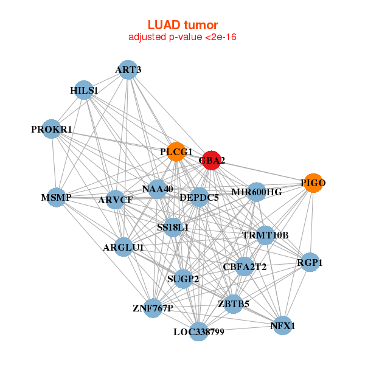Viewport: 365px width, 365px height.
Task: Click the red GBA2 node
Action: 211,161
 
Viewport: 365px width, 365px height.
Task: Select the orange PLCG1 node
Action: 176,152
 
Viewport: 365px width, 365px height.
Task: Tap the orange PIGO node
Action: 313,183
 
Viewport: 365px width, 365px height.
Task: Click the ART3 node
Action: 127,70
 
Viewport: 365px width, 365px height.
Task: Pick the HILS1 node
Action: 83,91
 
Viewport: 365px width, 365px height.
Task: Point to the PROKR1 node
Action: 52,130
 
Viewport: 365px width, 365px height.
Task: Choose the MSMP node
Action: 57,198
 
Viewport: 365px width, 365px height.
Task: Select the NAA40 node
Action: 158,189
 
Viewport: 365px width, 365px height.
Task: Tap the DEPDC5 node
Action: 199,196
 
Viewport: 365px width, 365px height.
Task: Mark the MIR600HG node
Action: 257,192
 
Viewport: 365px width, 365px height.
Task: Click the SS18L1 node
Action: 173,228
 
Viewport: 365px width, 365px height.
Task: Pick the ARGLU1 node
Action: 123,247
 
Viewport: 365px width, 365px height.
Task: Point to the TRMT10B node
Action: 265,235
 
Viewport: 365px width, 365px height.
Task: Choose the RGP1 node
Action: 310,263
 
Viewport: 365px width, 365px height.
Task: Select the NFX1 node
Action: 282,326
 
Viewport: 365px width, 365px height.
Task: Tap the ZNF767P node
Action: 153,308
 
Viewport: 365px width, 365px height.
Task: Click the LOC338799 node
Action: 199,332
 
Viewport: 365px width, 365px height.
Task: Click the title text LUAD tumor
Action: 182,25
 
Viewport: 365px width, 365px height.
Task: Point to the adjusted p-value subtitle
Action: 182,37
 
